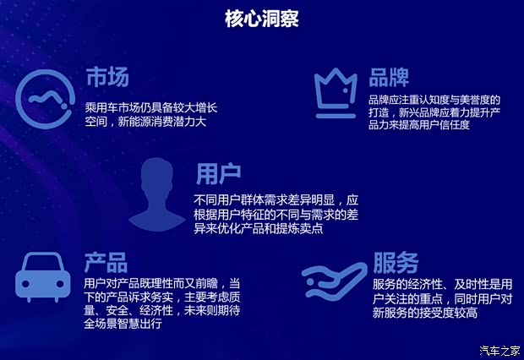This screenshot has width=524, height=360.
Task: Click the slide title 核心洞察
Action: tap(261, 18)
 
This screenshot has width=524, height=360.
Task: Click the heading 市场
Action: tap(106, 78)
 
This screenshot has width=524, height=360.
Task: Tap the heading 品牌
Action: tap(389, 78)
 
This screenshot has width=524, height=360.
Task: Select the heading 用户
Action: tap(218, 175)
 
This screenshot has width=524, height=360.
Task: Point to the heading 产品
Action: tap(106, 260)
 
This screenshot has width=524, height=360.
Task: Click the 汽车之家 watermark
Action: tap(499, 351)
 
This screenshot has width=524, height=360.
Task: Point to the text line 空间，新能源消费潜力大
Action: tap(145, 123)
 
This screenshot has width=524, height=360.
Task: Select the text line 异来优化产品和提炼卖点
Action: tap(259, 229)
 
